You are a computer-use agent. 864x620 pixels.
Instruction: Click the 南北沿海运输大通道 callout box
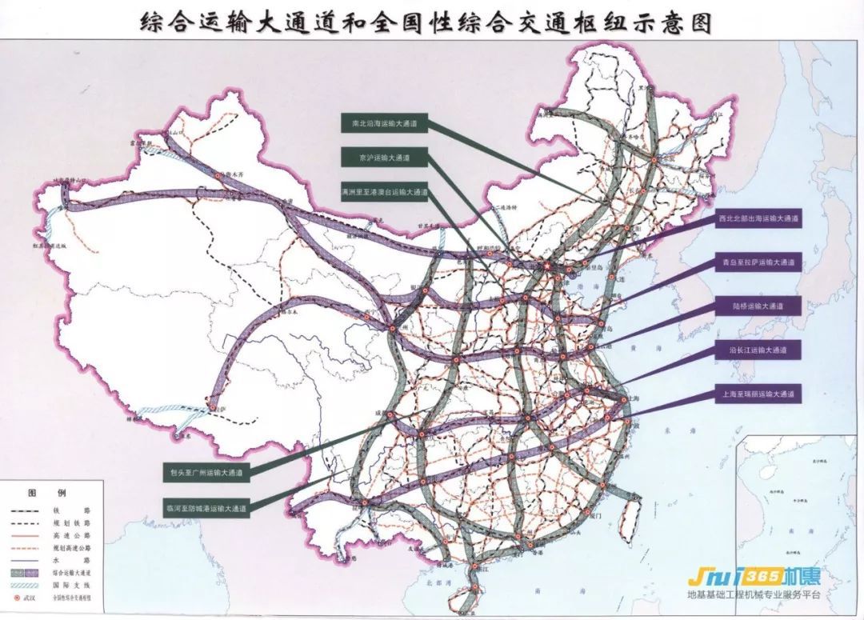tap(384, 124)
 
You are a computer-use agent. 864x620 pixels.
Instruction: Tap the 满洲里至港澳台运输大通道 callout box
tap(384, 193)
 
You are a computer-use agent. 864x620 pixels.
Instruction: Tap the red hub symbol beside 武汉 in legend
tap(15, 597)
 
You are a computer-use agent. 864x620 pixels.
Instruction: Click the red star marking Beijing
tap(547, 266)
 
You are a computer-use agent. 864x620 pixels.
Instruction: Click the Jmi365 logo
tap(754, 578)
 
